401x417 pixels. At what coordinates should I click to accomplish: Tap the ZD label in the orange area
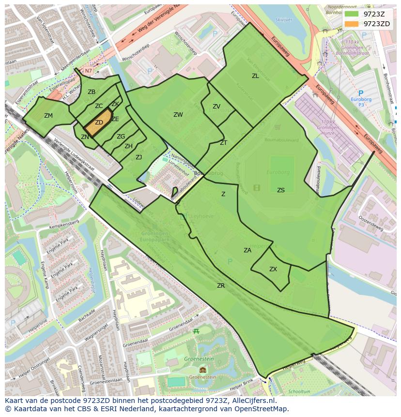click(x=99, y=123)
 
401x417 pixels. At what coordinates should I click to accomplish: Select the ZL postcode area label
click(x=255, y=76)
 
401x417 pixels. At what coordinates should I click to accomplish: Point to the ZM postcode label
click(x=48, y=116)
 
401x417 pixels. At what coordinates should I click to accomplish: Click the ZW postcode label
click(x=178, y=115)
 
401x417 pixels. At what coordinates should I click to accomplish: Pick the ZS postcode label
click(x=281, y=190)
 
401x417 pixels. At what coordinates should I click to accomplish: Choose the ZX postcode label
click(x=273, y=269)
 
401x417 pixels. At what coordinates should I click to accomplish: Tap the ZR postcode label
click(x=221, y=286)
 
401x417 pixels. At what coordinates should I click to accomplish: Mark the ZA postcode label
click(x=247, y=250)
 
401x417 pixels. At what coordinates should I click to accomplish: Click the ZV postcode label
click(x=216, y=107)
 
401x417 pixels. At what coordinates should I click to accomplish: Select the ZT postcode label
click(x=223, y=143)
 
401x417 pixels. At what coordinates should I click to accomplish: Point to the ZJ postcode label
click(x=139, y=157)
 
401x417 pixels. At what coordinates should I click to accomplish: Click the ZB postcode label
click(x=92, y=92)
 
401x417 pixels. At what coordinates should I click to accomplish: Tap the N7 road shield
click(x=88, y=71)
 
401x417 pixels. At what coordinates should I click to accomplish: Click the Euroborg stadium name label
click(x=278, y=172)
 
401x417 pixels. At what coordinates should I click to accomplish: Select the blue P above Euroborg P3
click(x=360, y=93)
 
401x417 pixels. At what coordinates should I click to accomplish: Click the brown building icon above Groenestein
click(x=202, y=370)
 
